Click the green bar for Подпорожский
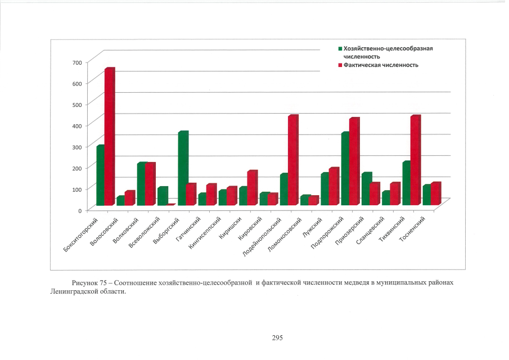[344, 168]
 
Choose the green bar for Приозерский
[365, 188]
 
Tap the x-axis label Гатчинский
[188, 230]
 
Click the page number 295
[277, 337]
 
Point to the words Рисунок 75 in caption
[88, 281]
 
